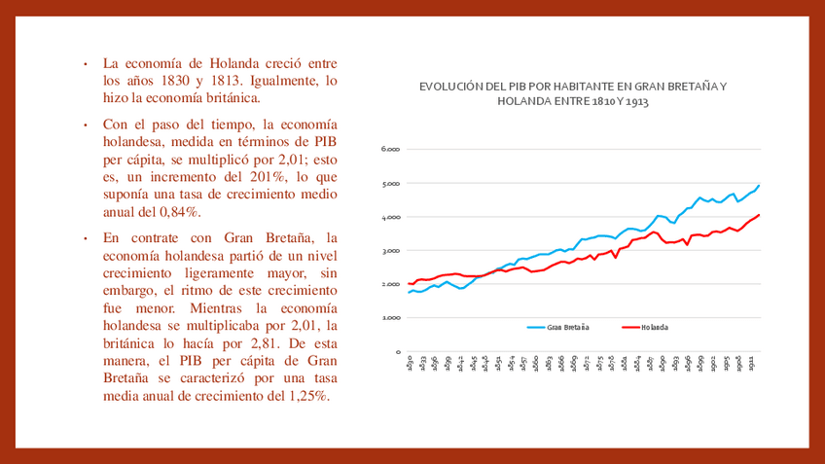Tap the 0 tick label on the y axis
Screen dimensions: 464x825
click(x=397, y=352)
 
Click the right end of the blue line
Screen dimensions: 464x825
click(x=759, y=186)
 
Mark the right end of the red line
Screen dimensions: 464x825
click(x=759, y=215)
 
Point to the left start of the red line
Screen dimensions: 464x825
click(x=409, y=283)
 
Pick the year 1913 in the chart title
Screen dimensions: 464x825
click(x=636, y=100)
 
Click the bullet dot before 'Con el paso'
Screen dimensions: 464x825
click(x=86, y=125)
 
